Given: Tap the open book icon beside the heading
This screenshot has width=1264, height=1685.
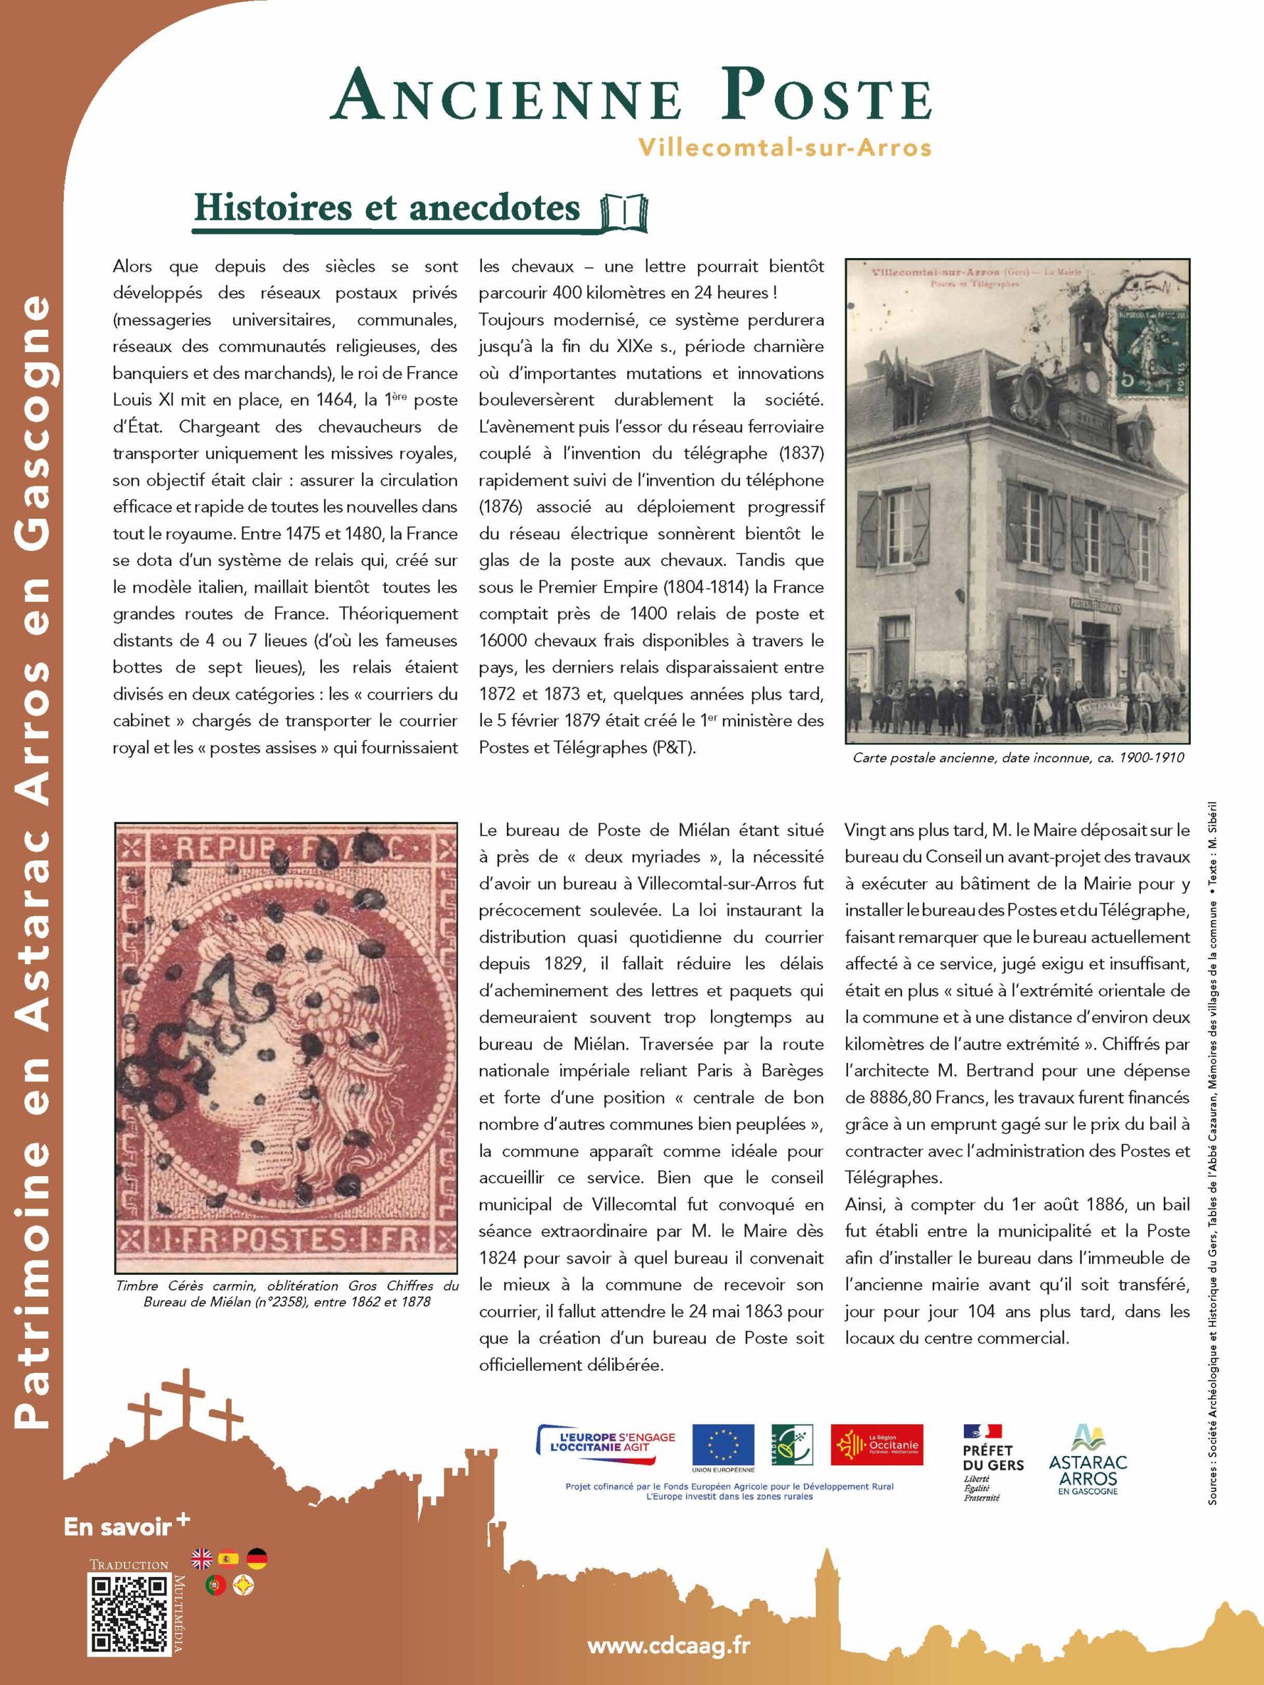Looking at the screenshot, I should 624,213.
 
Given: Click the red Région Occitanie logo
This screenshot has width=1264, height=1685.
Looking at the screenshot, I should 876,1444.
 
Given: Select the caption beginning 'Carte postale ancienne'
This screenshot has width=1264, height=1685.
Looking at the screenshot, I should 1018,758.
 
